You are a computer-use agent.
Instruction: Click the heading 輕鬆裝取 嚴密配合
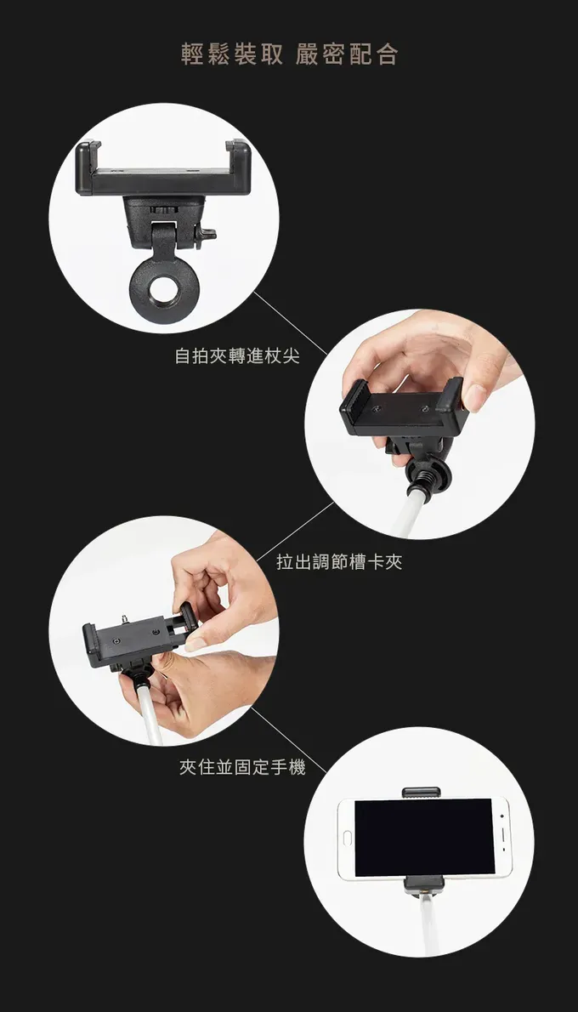pyautogui.click(x=289, y=55)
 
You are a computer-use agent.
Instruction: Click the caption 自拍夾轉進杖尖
pyautogui.click(x=237, y=356)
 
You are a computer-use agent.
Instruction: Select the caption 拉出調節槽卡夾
pyautogui.click(x=339, y=562)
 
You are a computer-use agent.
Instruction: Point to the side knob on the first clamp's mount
pyautogui.click(x=208, y=233)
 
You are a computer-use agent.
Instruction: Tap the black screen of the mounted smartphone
pyautogui.click(x=423, y=838)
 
